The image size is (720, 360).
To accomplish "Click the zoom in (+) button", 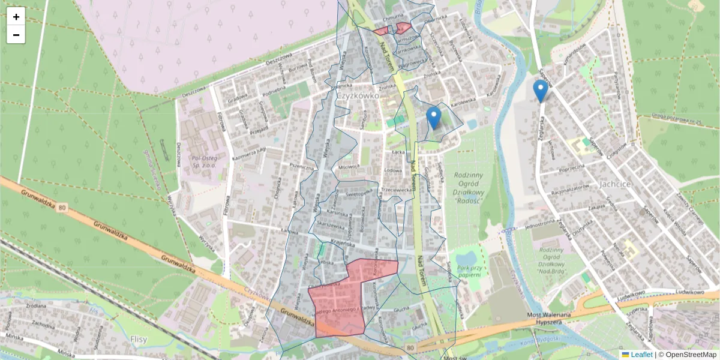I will pyautogui.click(x=16, y=17).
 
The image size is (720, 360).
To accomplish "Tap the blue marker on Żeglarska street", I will pyautogui.click(x=540, y=91).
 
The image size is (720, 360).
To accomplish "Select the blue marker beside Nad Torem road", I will pyautogui.click(x=433, y=117).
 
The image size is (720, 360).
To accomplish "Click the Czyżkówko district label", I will pyautogui.click(x=358, y=95).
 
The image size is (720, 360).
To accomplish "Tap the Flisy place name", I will pyautogui.click(x=139, y=338).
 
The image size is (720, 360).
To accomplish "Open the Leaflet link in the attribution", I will pyautogui.click(x=641, y=355).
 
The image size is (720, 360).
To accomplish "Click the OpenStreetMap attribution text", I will pyautogui.click(x=689, y=355).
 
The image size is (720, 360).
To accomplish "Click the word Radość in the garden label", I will pyautogui.click(x=470, y=200).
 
